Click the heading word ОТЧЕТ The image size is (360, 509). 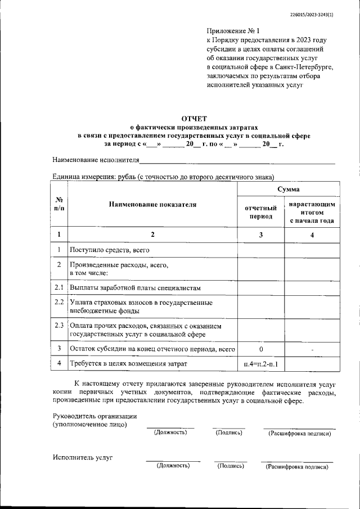pos(193,119)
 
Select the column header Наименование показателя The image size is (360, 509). pos(152,205)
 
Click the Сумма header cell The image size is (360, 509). pos(288,190)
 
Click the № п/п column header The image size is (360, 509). pos(59,205)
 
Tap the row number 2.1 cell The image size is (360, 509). pos(59,287)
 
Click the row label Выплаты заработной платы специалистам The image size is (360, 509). pos(135,287)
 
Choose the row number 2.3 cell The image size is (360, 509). pos(59,326)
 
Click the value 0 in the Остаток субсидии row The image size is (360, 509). pos(261,349)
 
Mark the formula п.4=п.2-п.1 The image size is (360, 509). pos(261,364)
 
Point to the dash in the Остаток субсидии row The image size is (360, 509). pos(312,350)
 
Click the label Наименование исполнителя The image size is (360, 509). pos(95,160)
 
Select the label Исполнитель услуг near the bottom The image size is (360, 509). pos(83,457)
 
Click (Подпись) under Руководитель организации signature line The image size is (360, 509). pos(229,433)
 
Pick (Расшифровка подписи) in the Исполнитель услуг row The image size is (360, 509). pos(297,466)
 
